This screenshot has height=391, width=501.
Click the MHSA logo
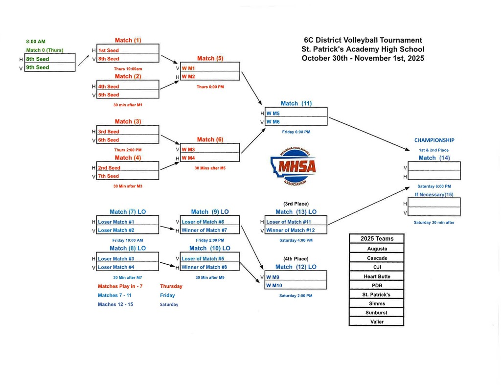(x=293, y=167)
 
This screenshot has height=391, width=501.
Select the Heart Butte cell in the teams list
(x=377, y=276)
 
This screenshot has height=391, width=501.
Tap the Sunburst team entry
(x=377, y=313)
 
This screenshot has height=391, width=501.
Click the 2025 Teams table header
(x=377, y=238)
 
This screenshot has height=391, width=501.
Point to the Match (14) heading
(x=434, y=158)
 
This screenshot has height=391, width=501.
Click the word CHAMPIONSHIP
(x=434, y=140)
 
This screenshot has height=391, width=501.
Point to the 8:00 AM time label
(x=36, y=42)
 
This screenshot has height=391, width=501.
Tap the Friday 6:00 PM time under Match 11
(x=296, y=132)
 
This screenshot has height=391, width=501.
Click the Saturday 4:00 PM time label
(x=296, y=240)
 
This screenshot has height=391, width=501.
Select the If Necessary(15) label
(x=434, y=195)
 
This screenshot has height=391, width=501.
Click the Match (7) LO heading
(x=128, y=212)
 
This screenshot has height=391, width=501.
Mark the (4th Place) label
(x=296, y=258)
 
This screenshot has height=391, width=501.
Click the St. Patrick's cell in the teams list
(x=377, y=295)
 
